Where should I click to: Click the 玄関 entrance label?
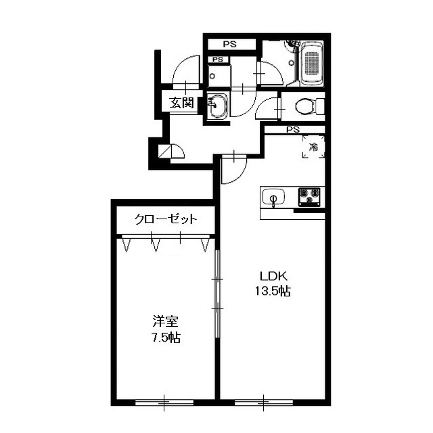(181, 103)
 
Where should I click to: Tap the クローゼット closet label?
(166, 219)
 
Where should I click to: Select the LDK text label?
(273, 276)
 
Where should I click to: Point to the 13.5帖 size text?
(272, 291)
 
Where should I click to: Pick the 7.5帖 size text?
(165, 337)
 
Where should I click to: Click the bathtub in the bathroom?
(313, 63)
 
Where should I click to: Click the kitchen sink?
(273, 198)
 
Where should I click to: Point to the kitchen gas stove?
(309, 197)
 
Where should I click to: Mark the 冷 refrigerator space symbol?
(313, 147)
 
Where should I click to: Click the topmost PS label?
(230, 44)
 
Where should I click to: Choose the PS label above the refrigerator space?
(293, 129)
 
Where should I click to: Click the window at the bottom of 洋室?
(164, 403)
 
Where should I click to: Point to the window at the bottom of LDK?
(263, 403)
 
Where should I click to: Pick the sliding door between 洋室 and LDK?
(218, 294)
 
